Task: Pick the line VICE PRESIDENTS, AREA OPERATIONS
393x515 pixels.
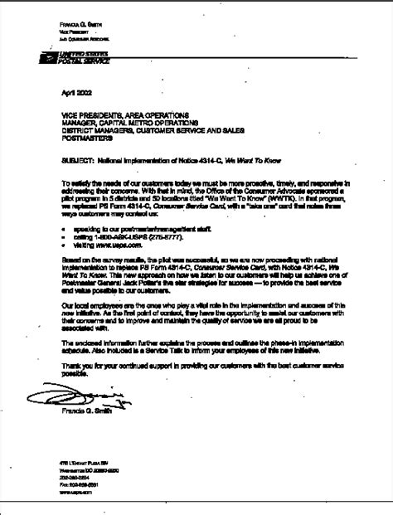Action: [124, 114]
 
